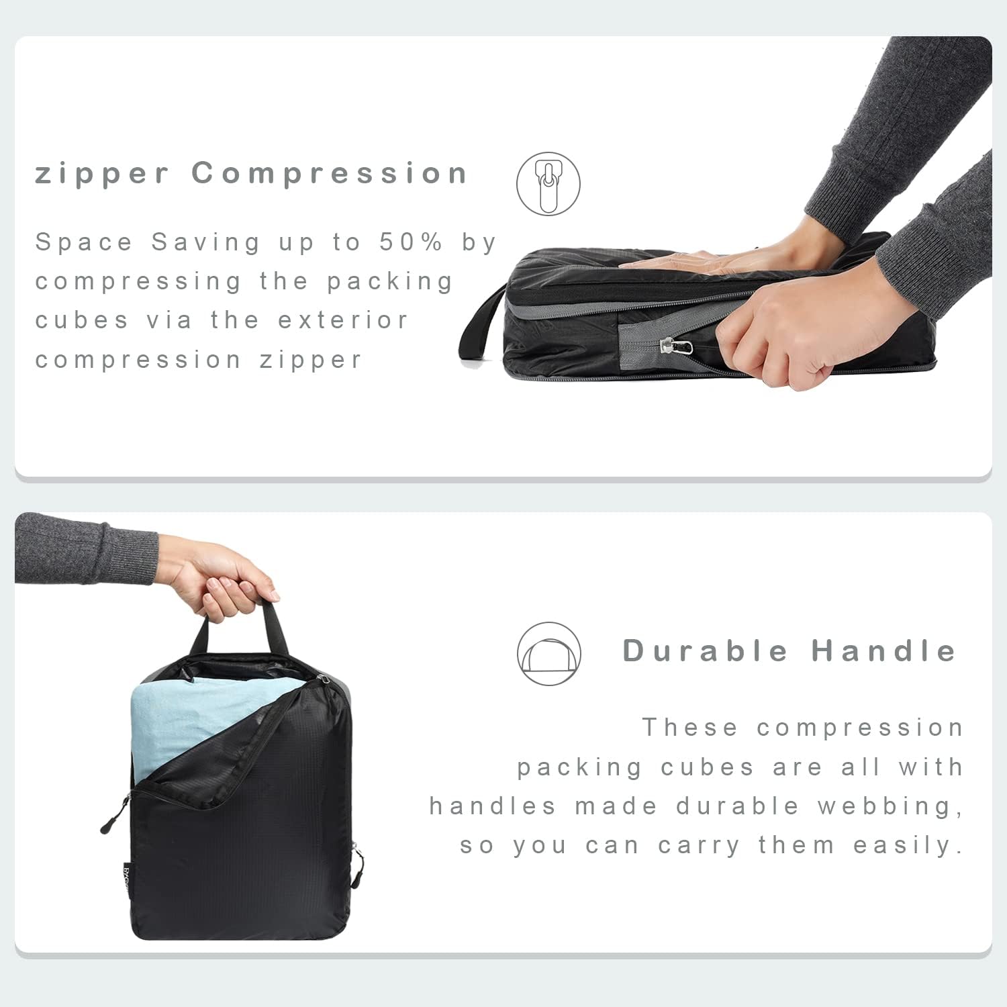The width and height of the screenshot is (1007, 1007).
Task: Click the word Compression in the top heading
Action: coord(329,174)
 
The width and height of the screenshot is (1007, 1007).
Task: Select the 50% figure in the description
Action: coord(410,242)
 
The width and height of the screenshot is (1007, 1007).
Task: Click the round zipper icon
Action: coord(548,184)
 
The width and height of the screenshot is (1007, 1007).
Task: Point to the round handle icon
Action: coord(549,654)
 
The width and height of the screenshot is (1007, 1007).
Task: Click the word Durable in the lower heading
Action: coord(705,651)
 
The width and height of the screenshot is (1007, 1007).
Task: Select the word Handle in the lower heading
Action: coord(883,651)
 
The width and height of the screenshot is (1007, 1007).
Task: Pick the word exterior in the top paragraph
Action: coord(342,321)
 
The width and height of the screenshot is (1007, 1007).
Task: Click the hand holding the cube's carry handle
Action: coord(222,577)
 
